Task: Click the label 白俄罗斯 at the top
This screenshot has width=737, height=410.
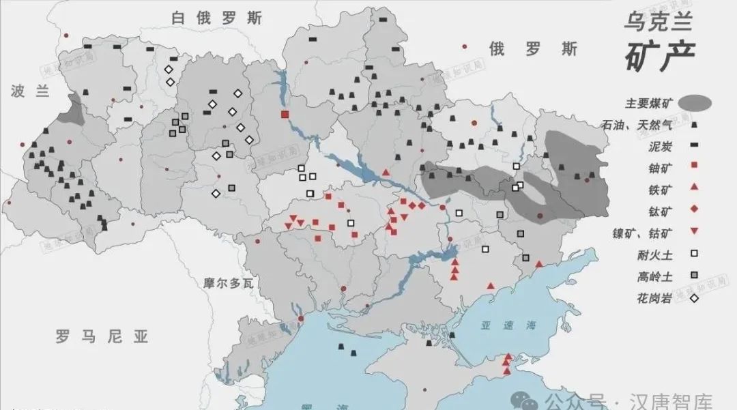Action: (x=216, y=18)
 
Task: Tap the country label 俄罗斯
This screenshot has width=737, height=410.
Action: (x=533, y=49)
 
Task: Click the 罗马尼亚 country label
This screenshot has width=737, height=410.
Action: (x=102, y=336)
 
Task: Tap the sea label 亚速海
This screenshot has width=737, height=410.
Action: (x=499, y=325)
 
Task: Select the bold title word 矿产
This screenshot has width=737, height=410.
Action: (x=659, y=56)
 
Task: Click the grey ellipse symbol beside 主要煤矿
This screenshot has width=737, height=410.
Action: (x=693, y=103)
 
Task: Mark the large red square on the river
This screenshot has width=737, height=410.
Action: (x=285, y=114)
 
